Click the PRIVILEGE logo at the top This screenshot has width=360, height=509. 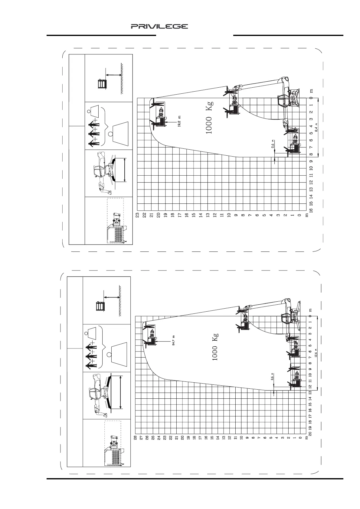pos(159,27)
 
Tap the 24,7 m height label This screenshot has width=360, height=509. pos(174,341)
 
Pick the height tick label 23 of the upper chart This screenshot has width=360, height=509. pos(137,215)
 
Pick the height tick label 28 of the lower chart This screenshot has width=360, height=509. pos(136,437)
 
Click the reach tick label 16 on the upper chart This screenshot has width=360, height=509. pos(311,210)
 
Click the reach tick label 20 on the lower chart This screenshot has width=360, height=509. pos(310,433)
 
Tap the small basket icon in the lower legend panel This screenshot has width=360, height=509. pos(100,306)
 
